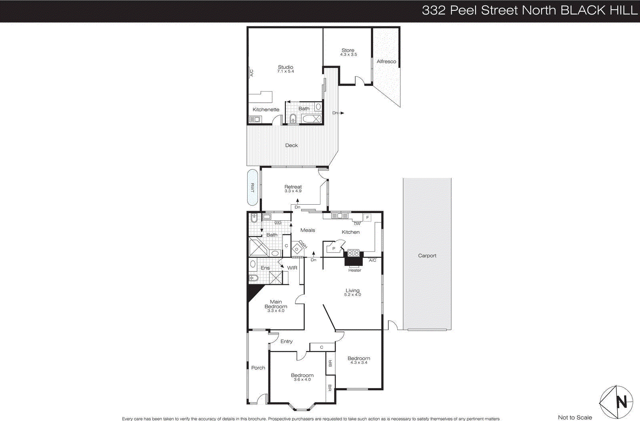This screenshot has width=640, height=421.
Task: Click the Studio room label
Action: pyautogui.click(x=286, y=67)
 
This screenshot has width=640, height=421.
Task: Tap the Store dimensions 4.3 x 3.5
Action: pyautogui.click(x=348, y=55)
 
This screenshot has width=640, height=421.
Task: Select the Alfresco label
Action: pyautogui.click(x=386, y=62)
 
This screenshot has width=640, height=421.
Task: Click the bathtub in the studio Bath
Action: pyautogui.click(x=312, y=119)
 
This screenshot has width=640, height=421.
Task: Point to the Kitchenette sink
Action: pyautogui.click(x=255, y=119)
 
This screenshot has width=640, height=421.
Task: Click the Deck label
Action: pyautogui.click(x=291, y=146)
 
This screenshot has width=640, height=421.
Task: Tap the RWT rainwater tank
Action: pyautogui.click(x=252, y=188)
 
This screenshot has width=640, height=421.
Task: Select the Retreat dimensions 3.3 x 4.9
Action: pyautogui.click(x=293, y=191)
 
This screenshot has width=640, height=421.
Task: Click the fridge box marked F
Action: pyautogui.click(x=368, y=217)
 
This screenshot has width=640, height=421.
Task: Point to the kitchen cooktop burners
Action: pyautogui.click(x=353, y=253)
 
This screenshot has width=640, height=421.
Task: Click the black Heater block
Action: pyautogui.click(x=354, y=261)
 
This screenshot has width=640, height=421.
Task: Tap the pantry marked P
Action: pyautogui.click(x=333, y=249)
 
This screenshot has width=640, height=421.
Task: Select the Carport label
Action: pyautogui.click(x=427, y=255)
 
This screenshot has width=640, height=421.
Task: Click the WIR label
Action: pyautogui.click(x=292, y=268)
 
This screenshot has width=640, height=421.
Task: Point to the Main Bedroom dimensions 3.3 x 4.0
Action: pyautogui.click(x=276, y=311)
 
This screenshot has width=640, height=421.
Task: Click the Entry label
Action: pyautogui.click(x=286, y=341)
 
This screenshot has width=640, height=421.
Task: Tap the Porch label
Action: pyautogui.click(x=258, y=368)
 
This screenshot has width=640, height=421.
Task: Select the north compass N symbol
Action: pyautogui.click(x=621, y=401)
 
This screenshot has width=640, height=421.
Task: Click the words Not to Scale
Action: pyautogui.click(x=575, y=417)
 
